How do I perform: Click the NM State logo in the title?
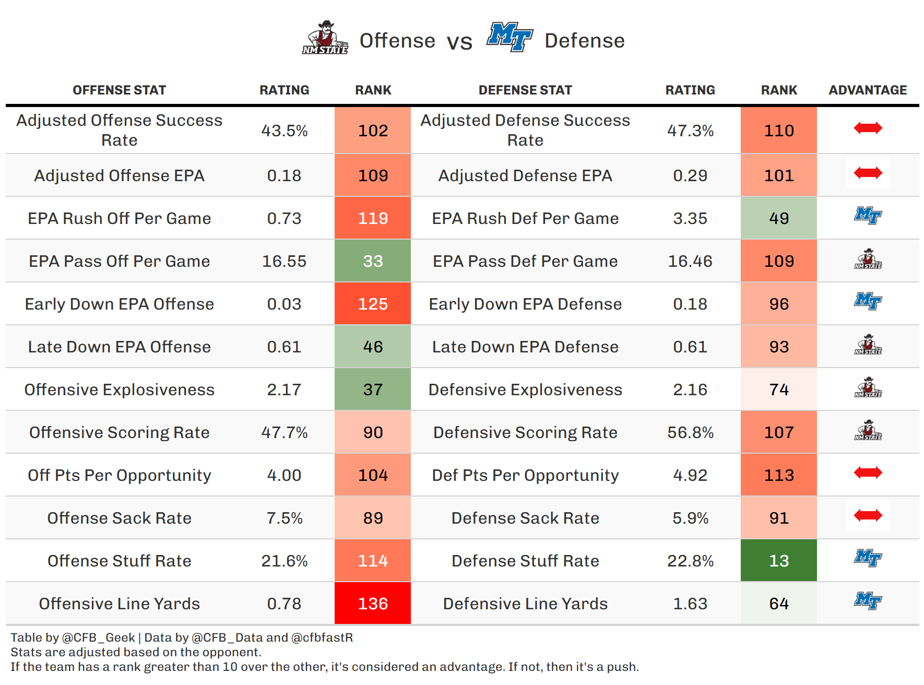(x=325, y=38)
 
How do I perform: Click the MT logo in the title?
(x=510, y=37)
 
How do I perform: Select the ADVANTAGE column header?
(x=868, y=90)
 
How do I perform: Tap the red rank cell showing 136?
(x=373, y=604)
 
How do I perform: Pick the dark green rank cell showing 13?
(x=779, y=561)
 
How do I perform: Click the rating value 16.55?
(x=284, y=261)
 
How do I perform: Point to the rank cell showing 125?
(x=373, y=304)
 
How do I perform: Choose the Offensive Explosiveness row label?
(x=120, y=389)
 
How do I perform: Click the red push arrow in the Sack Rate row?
(x=868, y=516)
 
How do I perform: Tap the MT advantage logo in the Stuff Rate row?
(x=868, y=558)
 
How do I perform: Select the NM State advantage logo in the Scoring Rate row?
(x=868, y=430)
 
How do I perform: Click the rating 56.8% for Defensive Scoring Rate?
(x=690, y=432)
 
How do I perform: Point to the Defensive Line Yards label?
(x=525, y=604)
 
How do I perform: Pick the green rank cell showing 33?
(x=373, y=261)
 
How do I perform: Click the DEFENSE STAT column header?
(x=525, y=90)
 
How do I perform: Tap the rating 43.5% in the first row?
(x=284, y=131)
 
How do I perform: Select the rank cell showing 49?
(x=779, y=218)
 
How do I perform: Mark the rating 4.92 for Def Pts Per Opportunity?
(x=690, y=475)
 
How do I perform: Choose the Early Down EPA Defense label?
(x=525, y=304)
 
